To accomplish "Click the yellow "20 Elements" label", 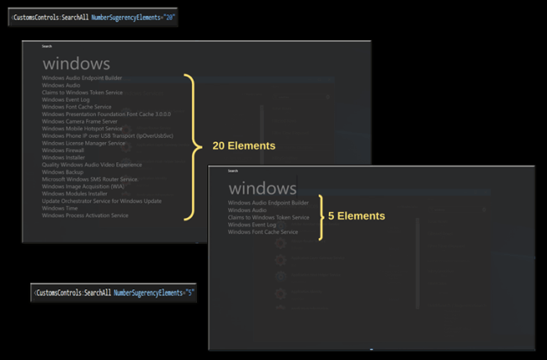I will (x=243, y=146).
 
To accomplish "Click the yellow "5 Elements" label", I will (x=357, y=216).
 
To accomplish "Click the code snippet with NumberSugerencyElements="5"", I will (x=114, y=293).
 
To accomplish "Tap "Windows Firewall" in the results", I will (x=63, y=151).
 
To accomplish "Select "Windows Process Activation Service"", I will (x=85, y=215).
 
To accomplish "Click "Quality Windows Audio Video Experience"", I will (x=92, y=165).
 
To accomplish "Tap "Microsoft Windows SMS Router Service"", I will (x=89, y=179).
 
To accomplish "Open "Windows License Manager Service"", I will (x=83, y=143).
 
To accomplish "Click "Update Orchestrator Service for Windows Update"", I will (x=101, y=201).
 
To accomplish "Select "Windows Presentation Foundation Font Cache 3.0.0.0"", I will (x=106, y=114).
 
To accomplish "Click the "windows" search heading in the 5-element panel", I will (x=262, y=188).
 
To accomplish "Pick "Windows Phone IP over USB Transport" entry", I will (x=107, y=135).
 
